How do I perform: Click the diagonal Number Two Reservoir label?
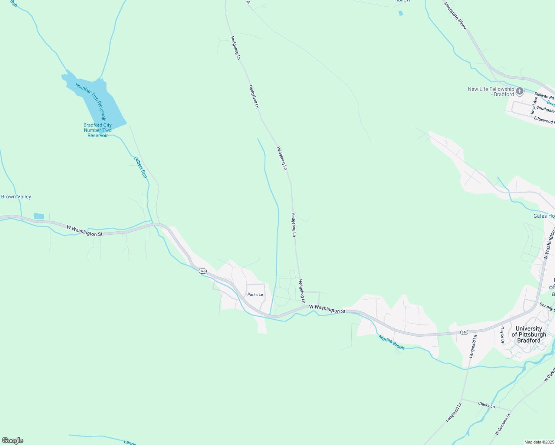(x=91, y=102)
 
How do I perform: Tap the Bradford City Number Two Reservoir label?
(x=98, y=130)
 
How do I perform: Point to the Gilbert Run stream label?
(x=141, y=167)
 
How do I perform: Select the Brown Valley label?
(x=16, y=197)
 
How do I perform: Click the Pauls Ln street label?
(x=255, y=295)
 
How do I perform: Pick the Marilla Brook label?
(x=391, y=342)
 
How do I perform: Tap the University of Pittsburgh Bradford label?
(x=529, y=334)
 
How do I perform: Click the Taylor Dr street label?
(x=503, y=335)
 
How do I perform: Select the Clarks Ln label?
(x=486, y=405)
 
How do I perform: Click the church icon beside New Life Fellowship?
(x=520, y=91)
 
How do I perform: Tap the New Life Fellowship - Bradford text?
(x=491, y=92)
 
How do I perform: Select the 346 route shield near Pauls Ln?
(x=203, y=271)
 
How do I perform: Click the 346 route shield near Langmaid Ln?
(x=464, y=332)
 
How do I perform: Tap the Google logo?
(x=13, y=441)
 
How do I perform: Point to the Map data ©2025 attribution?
(x=538, y=442)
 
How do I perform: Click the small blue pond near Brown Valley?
(x=39, y=216)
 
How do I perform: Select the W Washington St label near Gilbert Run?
(x=85, y=231)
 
